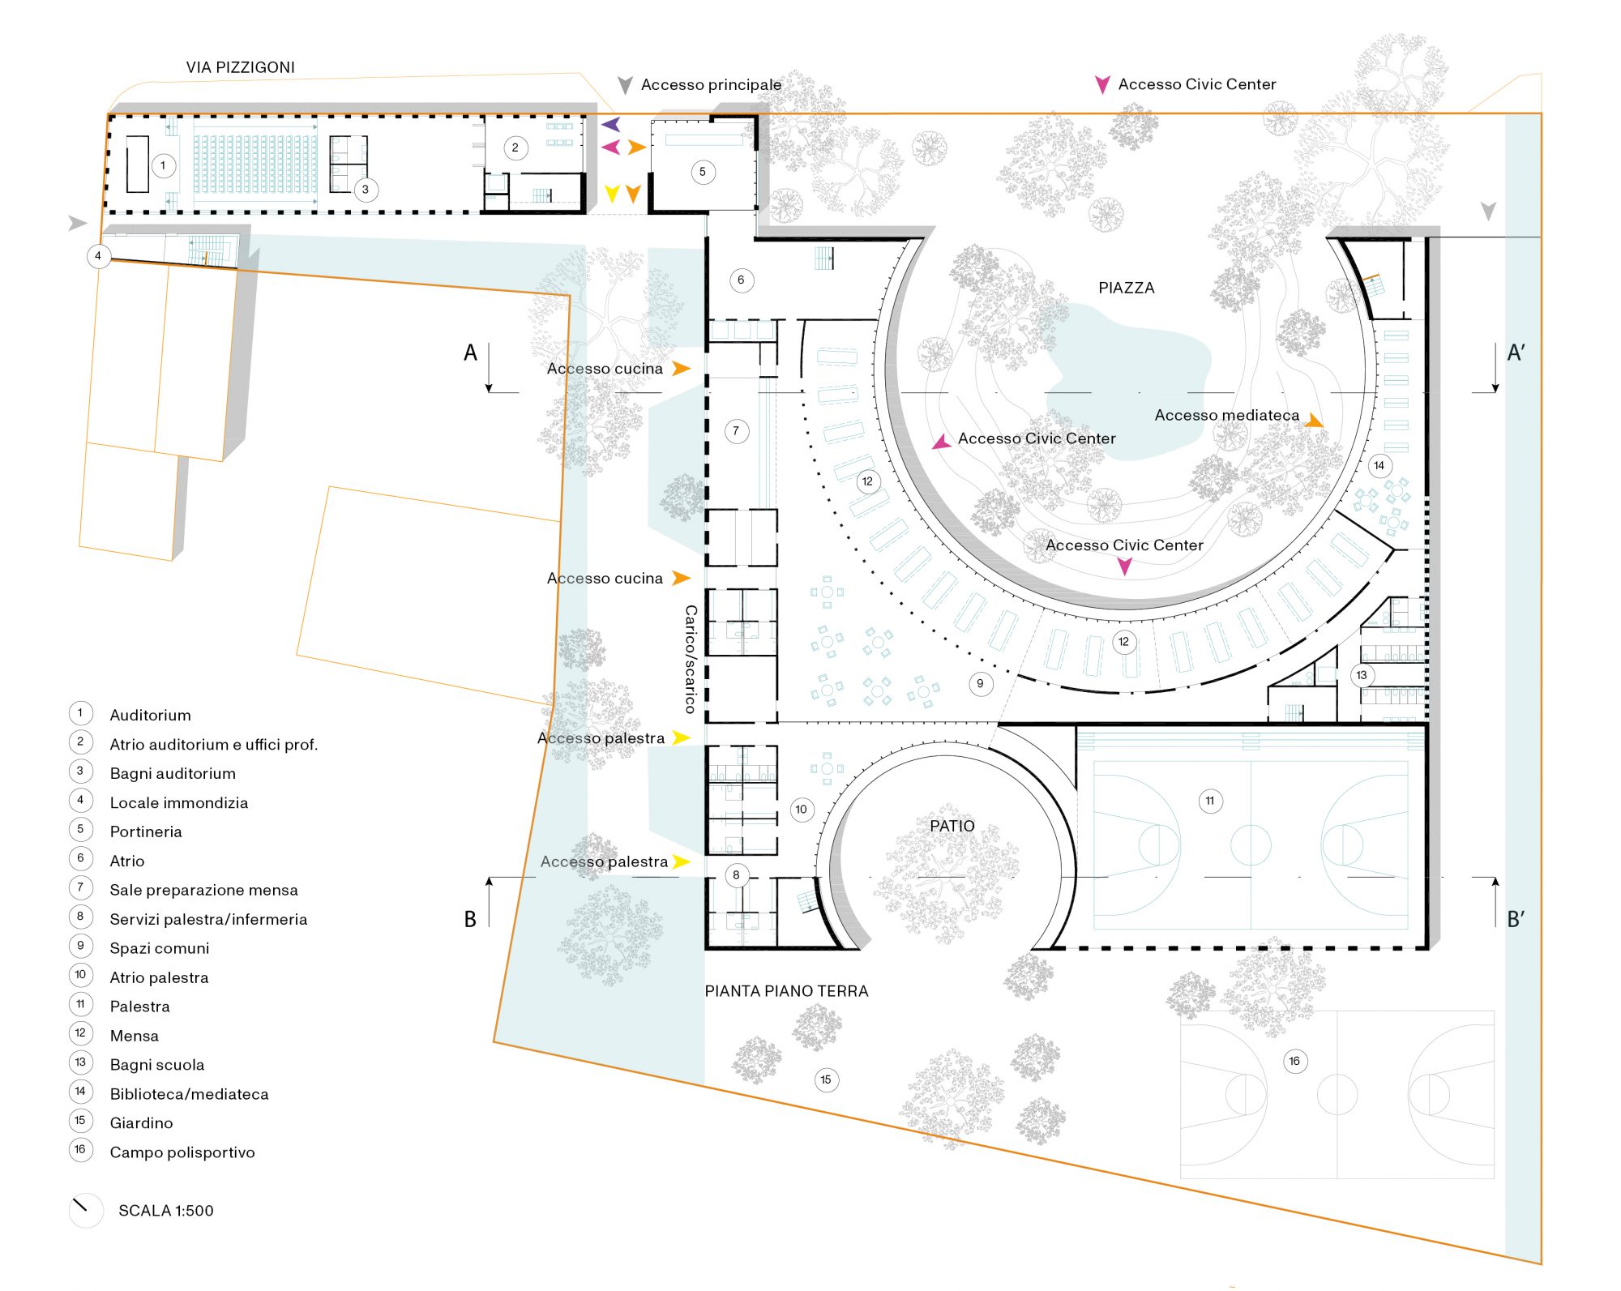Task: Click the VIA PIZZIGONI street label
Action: click(240, 67)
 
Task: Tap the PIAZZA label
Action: click(1126, 288)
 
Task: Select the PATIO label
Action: click(952, 826)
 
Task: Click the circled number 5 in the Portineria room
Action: click(703, 172)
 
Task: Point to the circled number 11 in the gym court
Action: click(1209, 801)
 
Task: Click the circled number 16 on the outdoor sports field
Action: click(1294, 1061)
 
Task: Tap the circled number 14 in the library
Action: click(1379, 465)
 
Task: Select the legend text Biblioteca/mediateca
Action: click(189, 1094)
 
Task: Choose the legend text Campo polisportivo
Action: click(182, 1152)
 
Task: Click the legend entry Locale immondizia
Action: click(179, 802)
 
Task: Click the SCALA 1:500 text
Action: click(166, 1211)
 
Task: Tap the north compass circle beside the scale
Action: click(85, 1210)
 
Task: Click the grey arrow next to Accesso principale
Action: click(625, 85)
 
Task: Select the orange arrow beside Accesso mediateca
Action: click(1314, 421)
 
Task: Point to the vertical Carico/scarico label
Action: click(691, 659)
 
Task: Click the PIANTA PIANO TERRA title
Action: click(786, 991)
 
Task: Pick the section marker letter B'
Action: click(1516, 920)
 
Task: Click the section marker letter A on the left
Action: click(470, 353)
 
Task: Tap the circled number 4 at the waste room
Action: click(98, 256)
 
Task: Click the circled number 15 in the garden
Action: click(826, 1079)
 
